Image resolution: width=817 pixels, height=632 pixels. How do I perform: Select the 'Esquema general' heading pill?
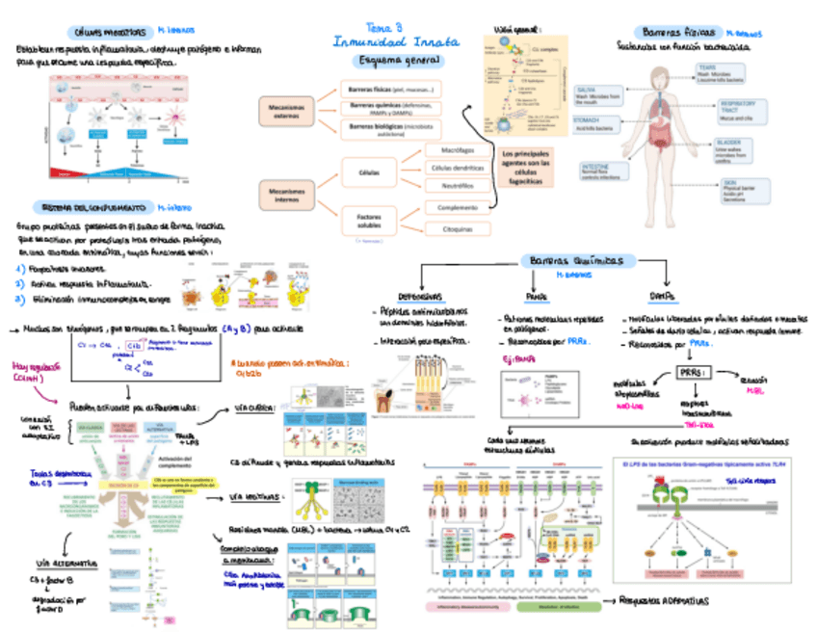(x=395, y=60)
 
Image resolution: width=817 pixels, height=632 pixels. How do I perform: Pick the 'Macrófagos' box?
(x=456, y=151)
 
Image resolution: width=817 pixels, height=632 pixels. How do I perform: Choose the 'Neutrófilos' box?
(x=456, y=185)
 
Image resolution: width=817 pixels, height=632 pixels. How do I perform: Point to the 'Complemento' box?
(x=456, y=207)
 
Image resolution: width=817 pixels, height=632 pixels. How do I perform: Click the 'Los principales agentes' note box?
(x=526, y=165)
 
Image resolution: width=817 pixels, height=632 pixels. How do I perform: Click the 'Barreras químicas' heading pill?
(x=576, y=261)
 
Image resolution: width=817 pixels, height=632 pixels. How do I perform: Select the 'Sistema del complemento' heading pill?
(x=92, y=206)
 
